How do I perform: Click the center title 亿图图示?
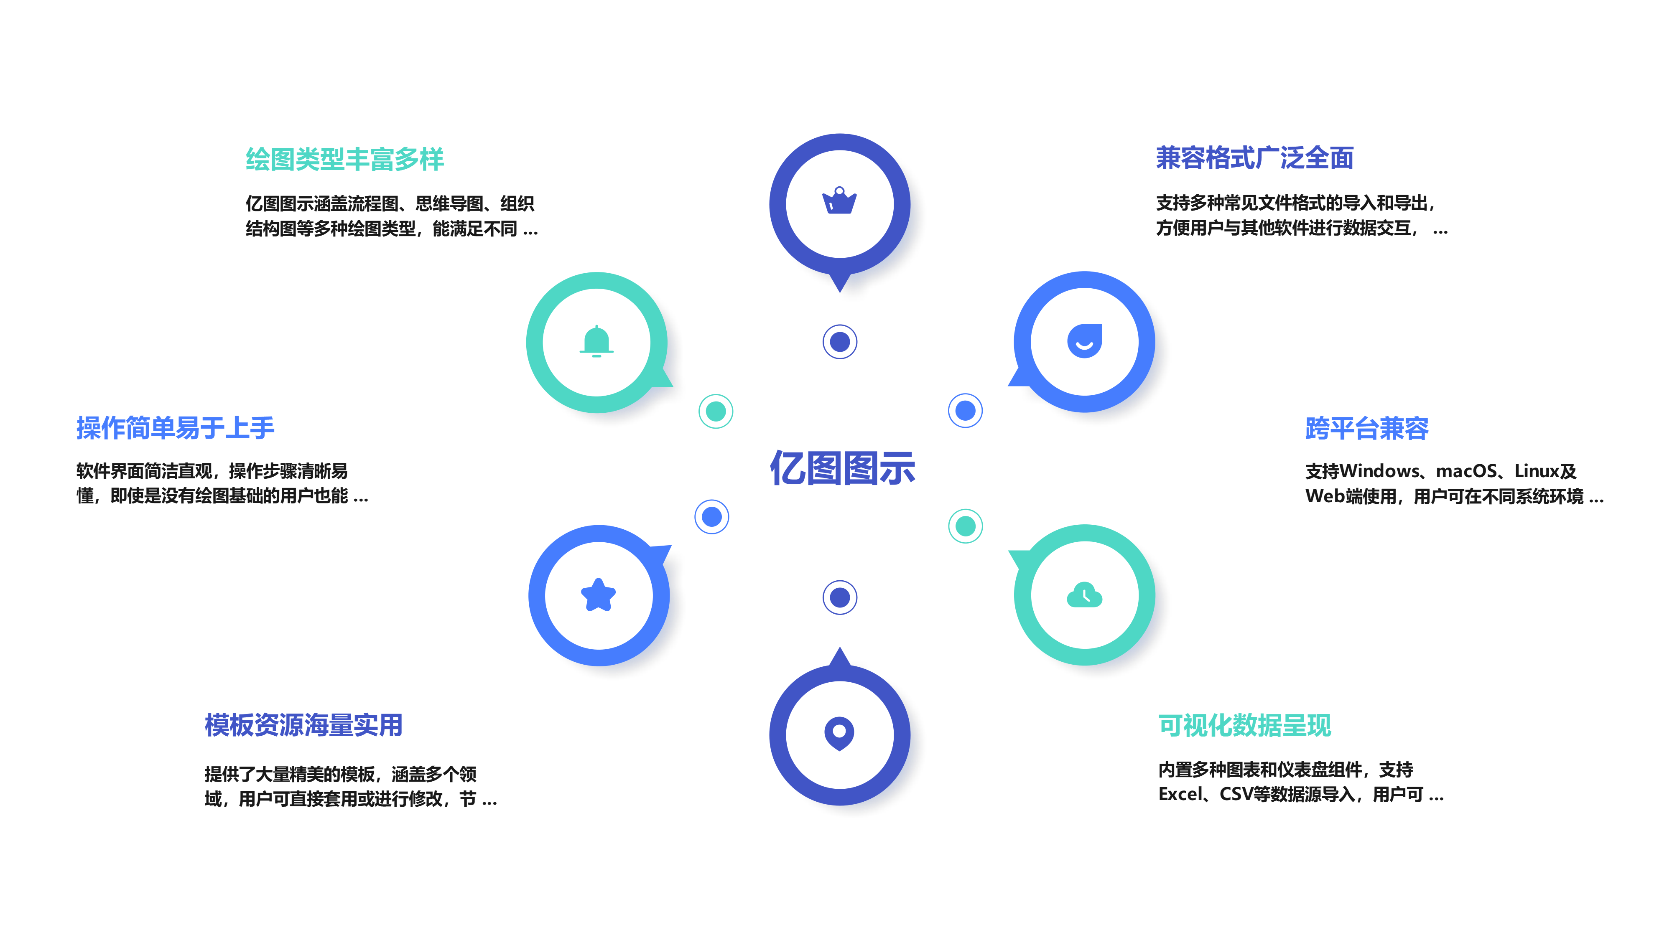point(842,468)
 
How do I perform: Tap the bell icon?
point(596,341)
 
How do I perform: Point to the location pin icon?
point(839,734)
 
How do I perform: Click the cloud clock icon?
point(1084,595)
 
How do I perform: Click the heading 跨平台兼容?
point(1367,428)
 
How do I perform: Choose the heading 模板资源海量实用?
point(303,724)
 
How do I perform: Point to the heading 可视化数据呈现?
point(1244,724)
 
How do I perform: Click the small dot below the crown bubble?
point(839,341)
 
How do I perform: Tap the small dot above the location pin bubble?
point(839,597)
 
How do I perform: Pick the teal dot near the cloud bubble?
point(965,526)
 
